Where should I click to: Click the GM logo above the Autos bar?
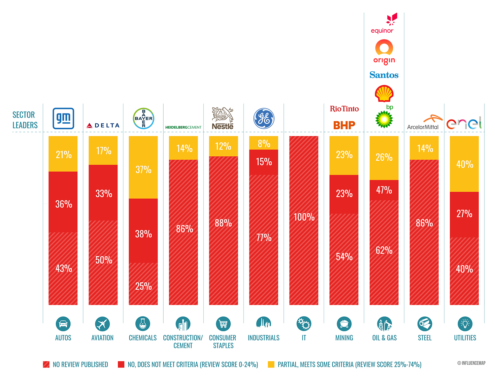(x=63, y=118)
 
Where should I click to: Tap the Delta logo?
(x=103, y=125)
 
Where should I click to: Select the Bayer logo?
(x=144, y=118)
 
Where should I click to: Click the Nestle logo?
(x=223, y=118)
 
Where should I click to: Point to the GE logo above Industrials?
(x=264, y=118)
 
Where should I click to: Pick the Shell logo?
(x=384, y=93)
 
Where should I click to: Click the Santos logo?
(x=384, y=75)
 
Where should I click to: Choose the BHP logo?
(x=344, y=125)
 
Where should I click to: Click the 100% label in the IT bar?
(x=304, y=217)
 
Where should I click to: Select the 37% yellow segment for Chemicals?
(x=143, y=170)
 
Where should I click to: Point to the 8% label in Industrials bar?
(x=264, y=144)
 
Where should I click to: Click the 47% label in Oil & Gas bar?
(x=384, y=190)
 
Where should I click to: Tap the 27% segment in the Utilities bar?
(x=464, y=214)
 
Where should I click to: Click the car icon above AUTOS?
(x=63, y=324)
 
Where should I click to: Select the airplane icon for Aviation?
(x=102, y=324)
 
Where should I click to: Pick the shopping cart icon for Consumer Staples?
(x=223, y=324)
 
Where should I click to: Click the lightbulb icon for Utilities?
(x=465, y=324)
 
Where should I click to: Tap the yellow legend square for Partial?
(x=271, y=364)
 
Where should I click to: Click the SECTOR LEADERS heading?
(x=25, y=120)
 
